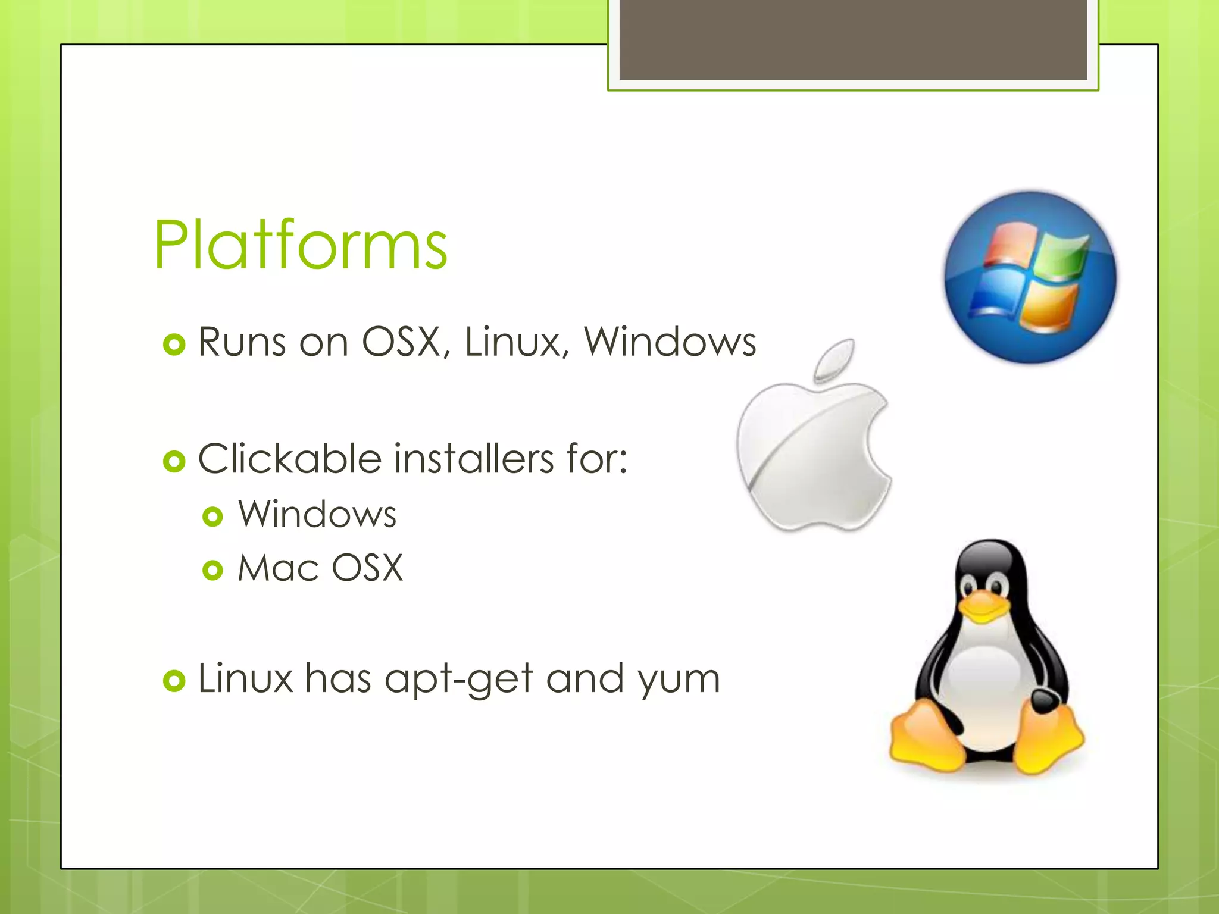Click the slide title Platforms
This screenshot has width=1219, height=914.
[x=301, y=245]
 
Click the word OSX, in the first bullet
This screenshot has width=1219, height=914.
[x=405, y=342]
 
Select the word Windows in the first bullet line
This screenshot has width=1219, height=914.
[x=669, y=342]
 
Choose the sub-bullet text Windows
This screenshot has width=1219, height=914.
[x=317, y=514]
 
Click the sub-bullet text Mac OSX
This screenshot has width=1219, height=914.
[x=320, y=568]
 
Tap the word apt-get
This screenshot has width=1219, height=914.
[x=458, y=680]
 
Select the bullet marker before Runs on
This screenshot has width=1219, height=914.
[x=174, y=345]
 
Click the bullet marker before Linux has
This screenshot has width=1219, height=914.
[x=174, y=681]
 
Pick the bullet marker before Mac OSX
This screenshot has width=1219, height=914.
[x=212, y=570]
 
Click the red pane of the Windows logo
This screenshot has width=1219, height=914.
[x=1008, y=245]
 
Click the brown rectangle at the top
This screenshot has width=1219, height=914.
[x=853, y=39]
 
